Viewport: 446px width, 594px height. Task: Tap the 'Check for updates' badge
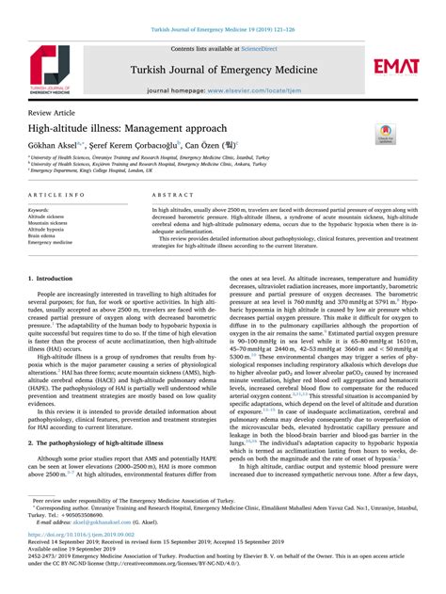386,135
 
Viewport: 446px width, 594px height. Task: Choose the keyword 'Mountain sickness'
51,222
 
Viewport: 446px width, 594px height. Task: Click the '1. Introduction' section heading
57,279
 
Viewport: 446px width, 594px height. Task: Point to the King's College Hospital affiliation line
91,170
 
